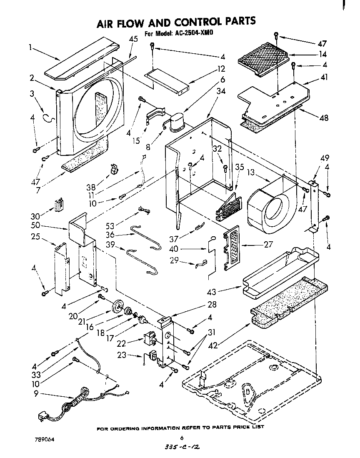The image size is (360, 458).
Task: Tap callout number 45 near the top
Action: point(133,39)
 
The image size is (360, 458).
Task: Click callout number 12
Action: point(221,69)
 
